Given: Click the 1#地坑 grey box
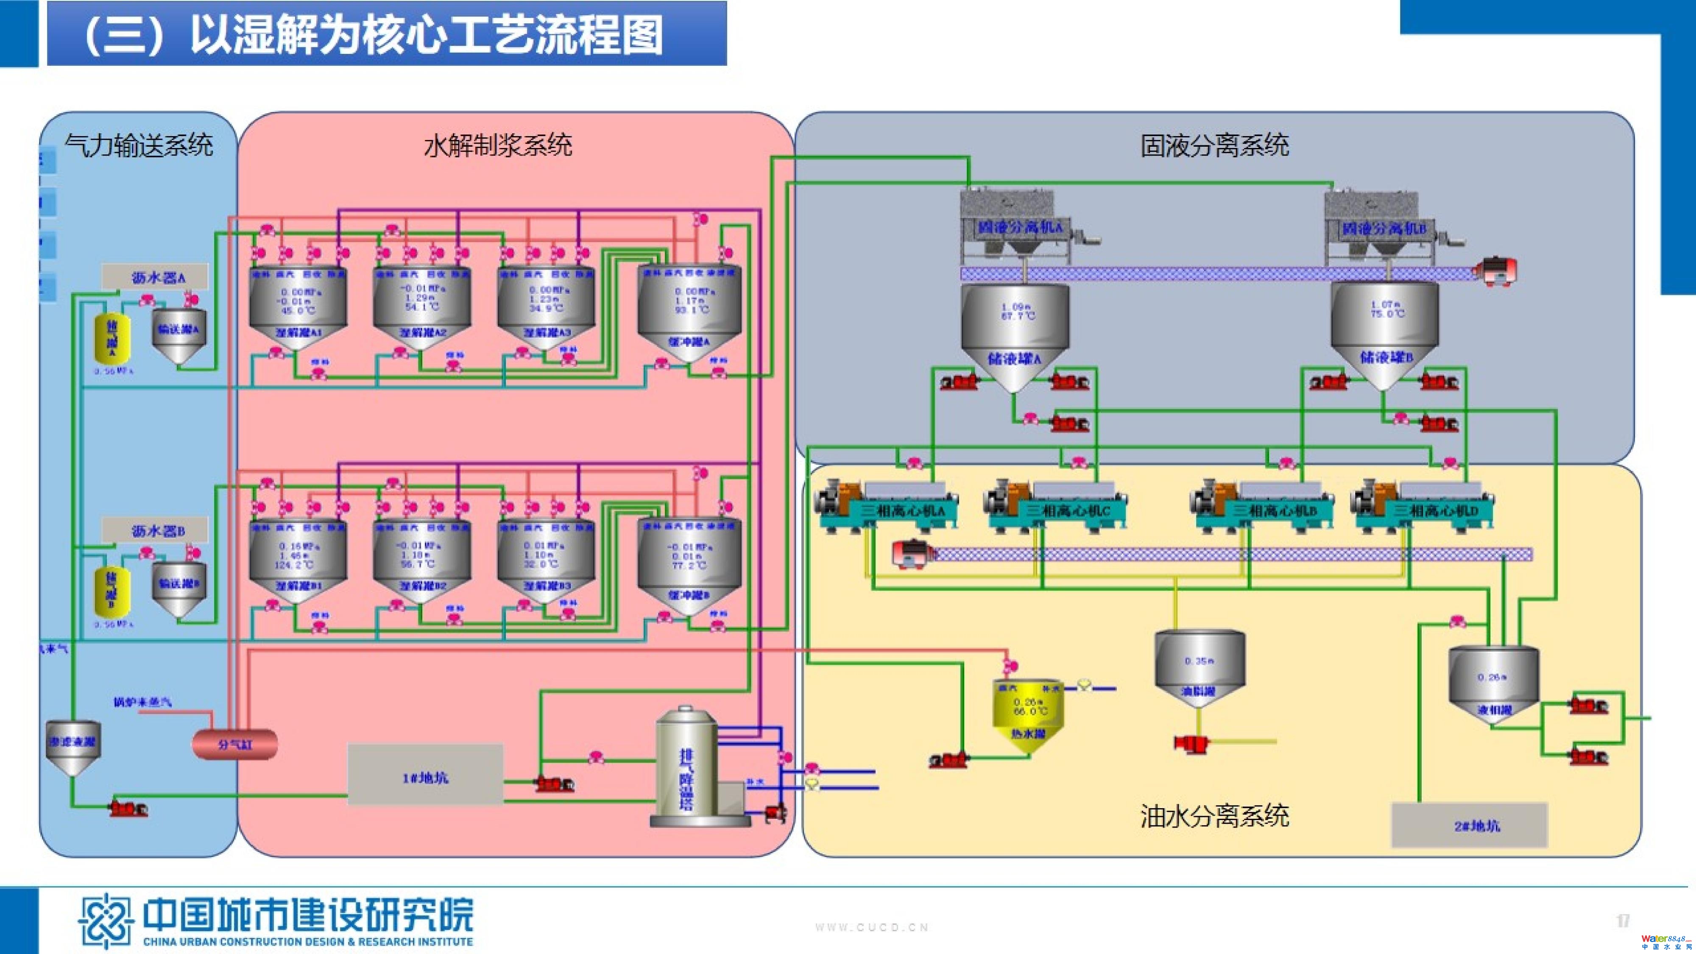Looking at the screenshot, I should point(425,775).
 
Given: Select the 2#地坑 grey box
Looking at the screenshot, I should point(1469,825).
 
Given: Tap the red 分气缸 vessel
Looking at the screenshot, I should point(234,744).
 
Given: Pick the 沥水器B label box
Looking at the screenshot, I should point(155,530).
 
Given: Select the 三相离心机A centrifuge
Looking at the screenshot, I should point(886,506).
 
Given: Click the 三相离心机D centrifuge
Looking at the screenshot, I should point(1422,506).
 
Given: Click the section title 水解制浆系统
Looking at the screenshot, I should point(498,145).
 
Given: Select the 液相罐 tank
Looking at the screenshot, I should point(1493,685).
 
